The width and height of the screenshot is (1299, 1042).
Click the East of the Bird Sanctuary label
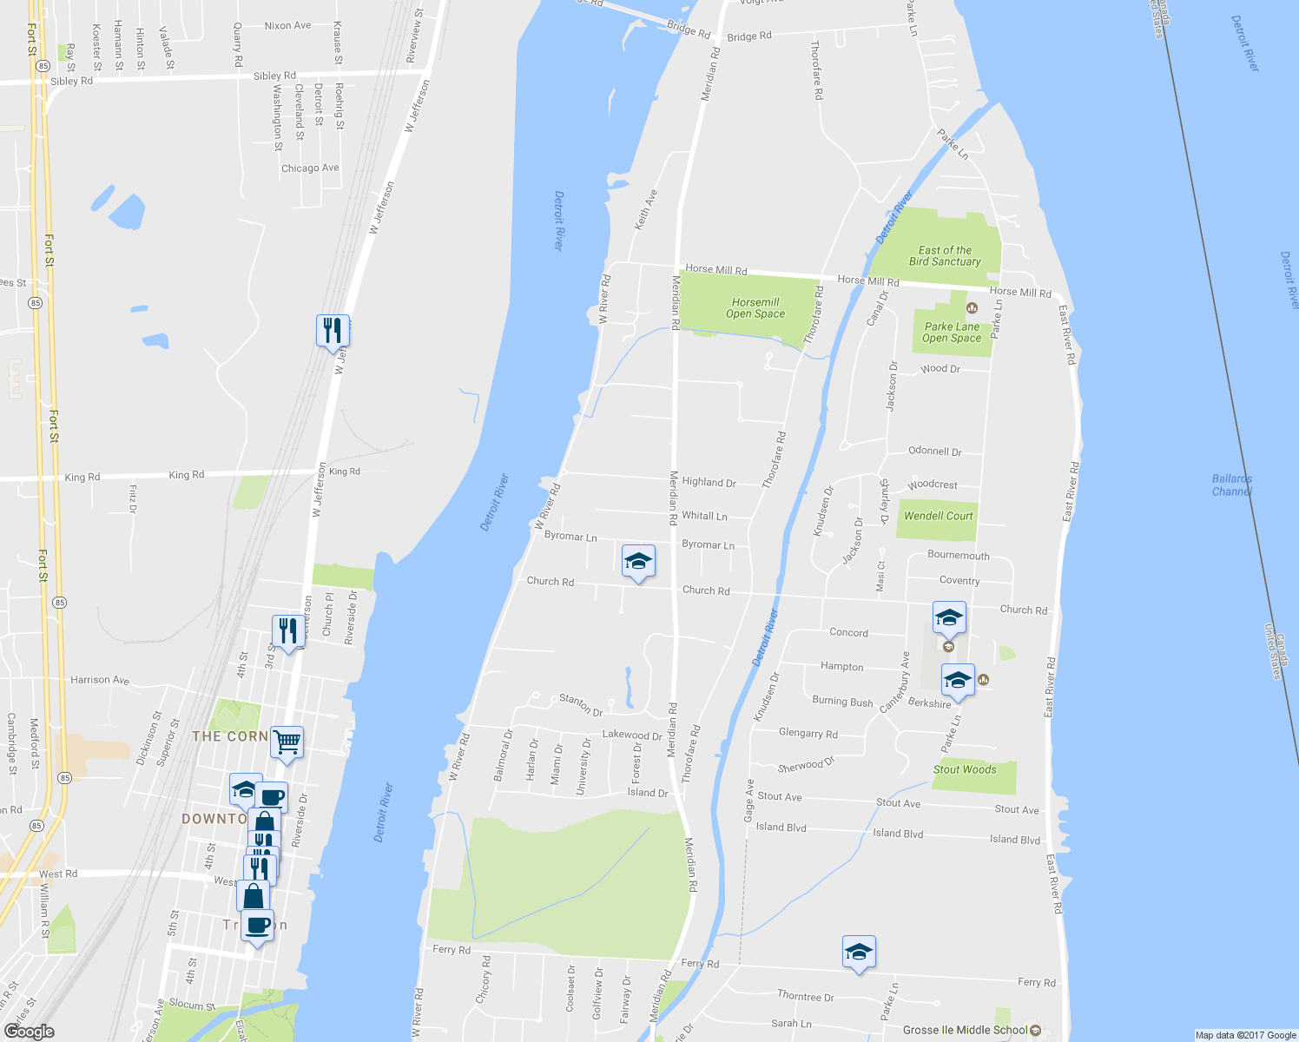945,255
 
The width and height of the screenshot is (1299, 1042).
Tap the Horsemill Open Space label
755,308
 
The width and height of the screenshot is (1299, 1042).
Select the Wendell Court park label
938,516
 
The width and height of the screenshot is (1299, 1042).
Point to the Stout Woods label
965,769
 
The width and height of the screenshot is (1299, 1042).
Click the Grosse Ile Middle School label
965,1030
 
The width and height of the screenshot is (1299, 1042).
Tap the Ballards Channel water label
1231,485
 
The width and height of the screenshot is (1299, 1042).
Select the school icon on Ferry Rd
859,952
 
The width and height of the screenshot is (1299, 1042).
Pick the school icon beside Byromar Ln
638,562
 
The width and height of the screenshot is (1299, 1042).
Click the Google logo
29,1032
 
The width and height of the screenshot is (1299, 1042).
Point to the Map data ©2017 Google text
1245,1035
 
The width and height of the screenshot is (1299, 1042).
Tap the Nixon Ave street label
287,26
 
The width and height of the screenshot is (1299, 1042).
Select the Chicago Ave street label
310,168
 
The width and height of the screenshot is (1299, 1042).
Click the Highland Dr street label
709,483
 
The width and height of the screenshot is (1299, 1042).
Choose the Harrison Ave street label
100,680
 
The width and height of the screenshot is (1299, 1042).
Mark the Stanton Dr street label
581,704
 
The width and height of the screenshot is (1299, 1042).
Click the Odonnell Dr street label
934,452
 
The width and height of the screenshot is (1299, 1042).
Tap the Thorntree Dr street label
805,996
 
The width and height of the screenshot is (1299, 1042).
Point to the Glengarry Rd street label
808,733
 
